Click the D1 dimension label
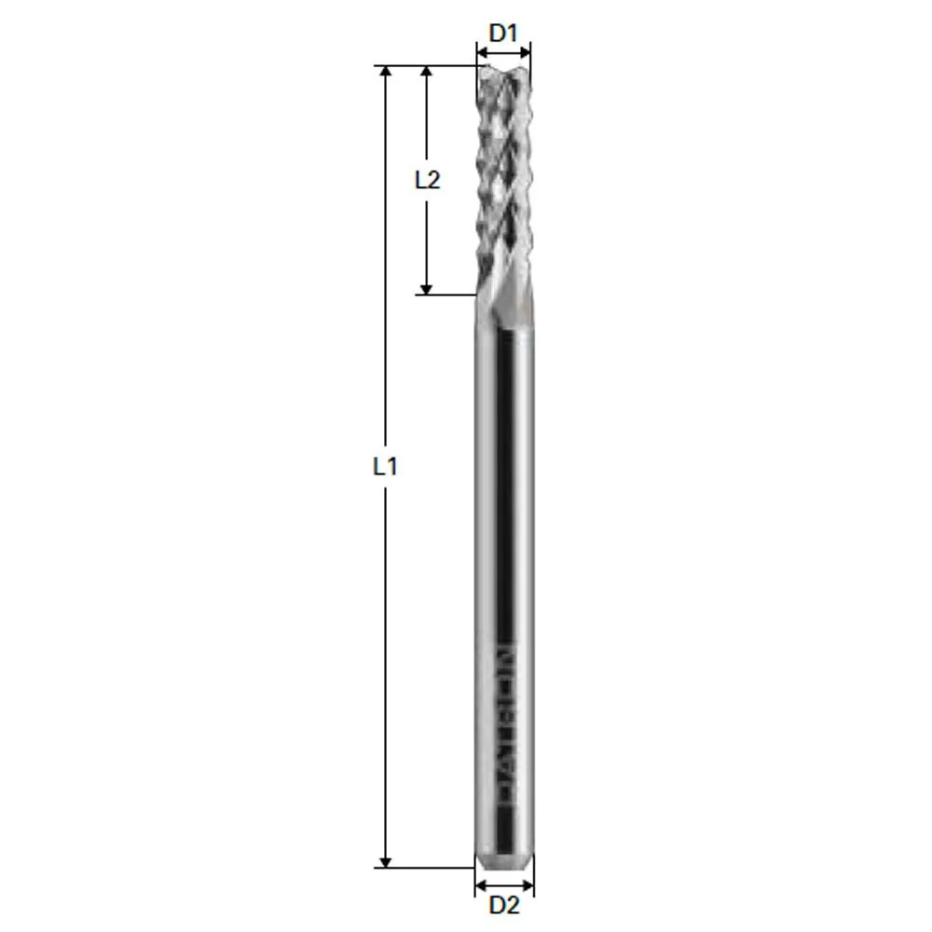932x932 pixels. [503, 34]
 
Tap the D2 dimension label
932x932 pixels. [503, 904]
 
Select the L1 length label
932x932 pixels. [385, 466]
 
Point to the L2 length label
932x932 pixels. [427, 180]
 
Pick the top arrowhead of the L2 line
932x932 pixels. [427, 73]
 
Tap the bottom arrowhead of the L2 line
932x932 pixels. [427, 288]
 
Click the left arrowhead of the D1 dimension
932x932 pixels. [482, 52]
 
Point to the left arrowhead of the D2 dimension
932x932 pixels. [481, 884]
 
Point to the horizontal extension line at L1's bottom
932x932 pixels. [424, 868]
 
